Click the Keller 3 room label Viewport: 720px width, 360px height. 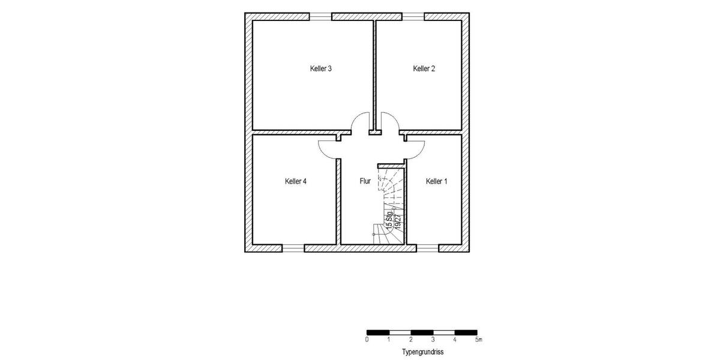point(321,69)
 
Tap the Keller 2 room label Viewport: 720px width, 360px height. point(424,69)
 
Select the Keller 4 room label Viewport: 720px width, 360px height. point(296,181)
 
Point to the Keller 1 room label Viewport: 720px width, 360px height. point(436,181)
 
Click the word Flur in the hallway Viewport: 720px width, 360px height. point(365,181)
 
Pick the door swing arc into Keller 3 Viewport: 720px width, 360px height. point(361,122)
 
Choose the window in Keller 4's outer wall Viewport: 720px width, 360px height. point(293,248)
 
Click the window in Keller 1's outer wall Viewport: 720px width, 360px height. point(427,248)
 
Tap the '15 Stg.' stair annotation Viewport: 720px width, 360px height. point(389,221)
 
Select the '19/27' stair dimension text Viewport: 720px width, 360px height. point(398,221)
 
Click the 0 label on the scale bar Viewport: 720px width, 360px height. point(367,340)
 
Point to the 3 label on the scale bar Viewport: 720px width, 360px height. point(433,340)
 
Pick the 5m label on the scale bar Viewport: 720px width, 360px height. point(478,340)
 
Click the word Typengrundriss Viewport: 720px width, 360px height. point(422,352)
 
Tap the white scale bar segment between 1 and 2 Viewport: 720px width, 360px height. point(400,332)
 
